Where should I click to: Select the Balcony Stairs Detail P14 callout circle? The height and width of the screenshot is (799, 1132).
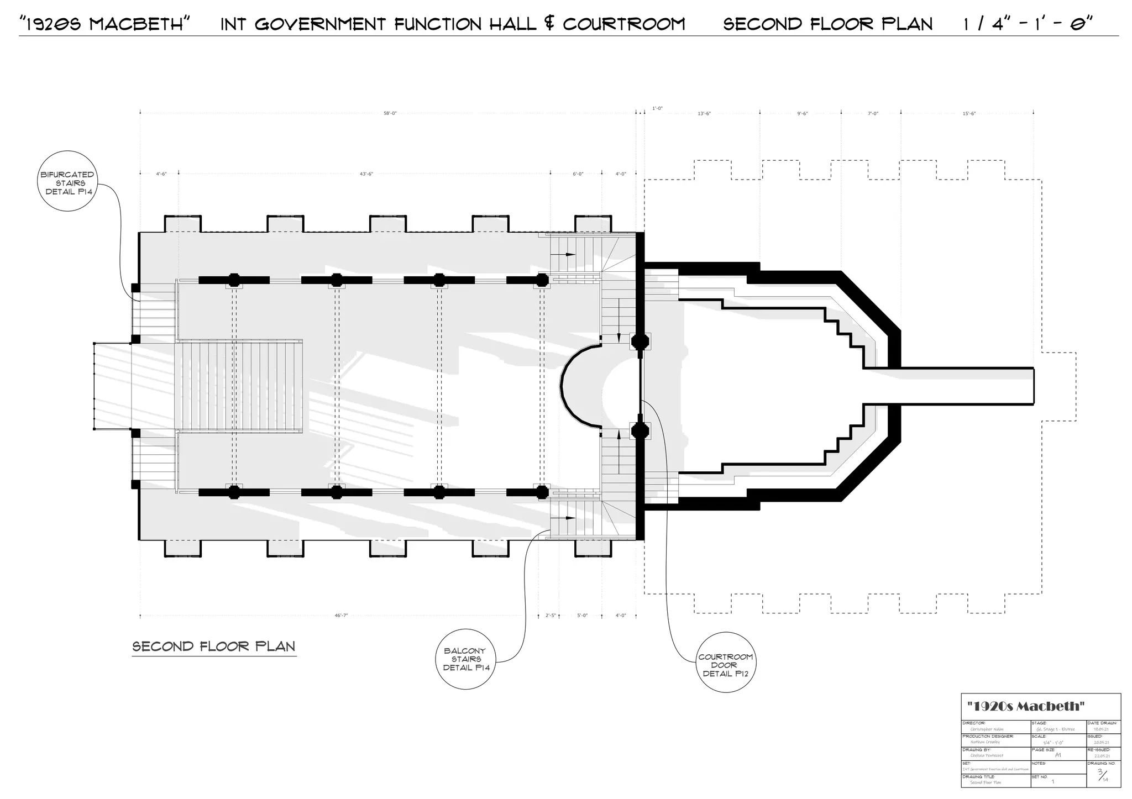coord(467,659)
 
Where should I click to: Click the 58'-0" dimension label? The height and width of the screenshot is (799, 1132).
coord(390,113)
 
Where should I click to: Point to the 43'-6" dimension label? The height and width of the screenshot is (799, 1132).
coord(366,174)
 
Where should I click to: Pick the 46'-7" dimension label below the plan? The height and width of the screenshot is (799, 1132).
coord(341,615)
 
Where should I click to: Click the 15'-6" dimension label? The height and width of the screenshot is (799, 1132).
coord(969,114)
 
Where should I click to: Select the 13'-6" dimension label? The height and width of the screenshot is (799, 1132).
coord(704,114)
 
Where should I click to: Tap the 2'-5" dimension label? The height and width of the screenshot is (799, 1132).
coord(551,615)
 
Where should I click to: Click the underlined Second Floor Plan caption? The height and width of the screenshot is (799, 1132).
coord(214,646)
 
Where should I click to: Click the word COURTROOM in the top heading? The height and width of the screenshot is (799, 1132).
coord(624,24)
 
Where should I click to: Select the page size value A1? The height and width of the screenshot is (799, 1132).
coord(1057,755)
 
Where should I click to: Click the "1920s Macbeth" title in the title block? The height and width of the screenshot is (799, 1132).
coord(1026,706)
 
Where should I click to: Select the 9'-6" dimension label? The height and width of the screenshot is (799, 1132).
coord(803,114)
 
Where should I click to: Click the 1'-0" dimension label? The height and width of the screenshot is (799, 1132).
coord(657,108)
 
